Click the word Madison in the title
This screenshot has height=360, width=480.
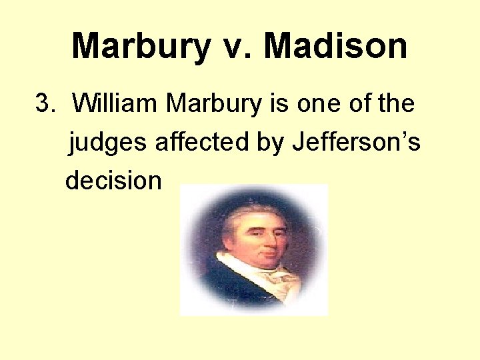(x=335, y=47)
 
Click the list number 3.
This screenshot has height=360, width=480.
(x=43, y=104)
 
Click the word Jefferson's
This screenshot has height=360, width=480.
(x=357, y=141)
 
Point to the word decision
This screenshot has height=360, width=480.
(x=113, y=180)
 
